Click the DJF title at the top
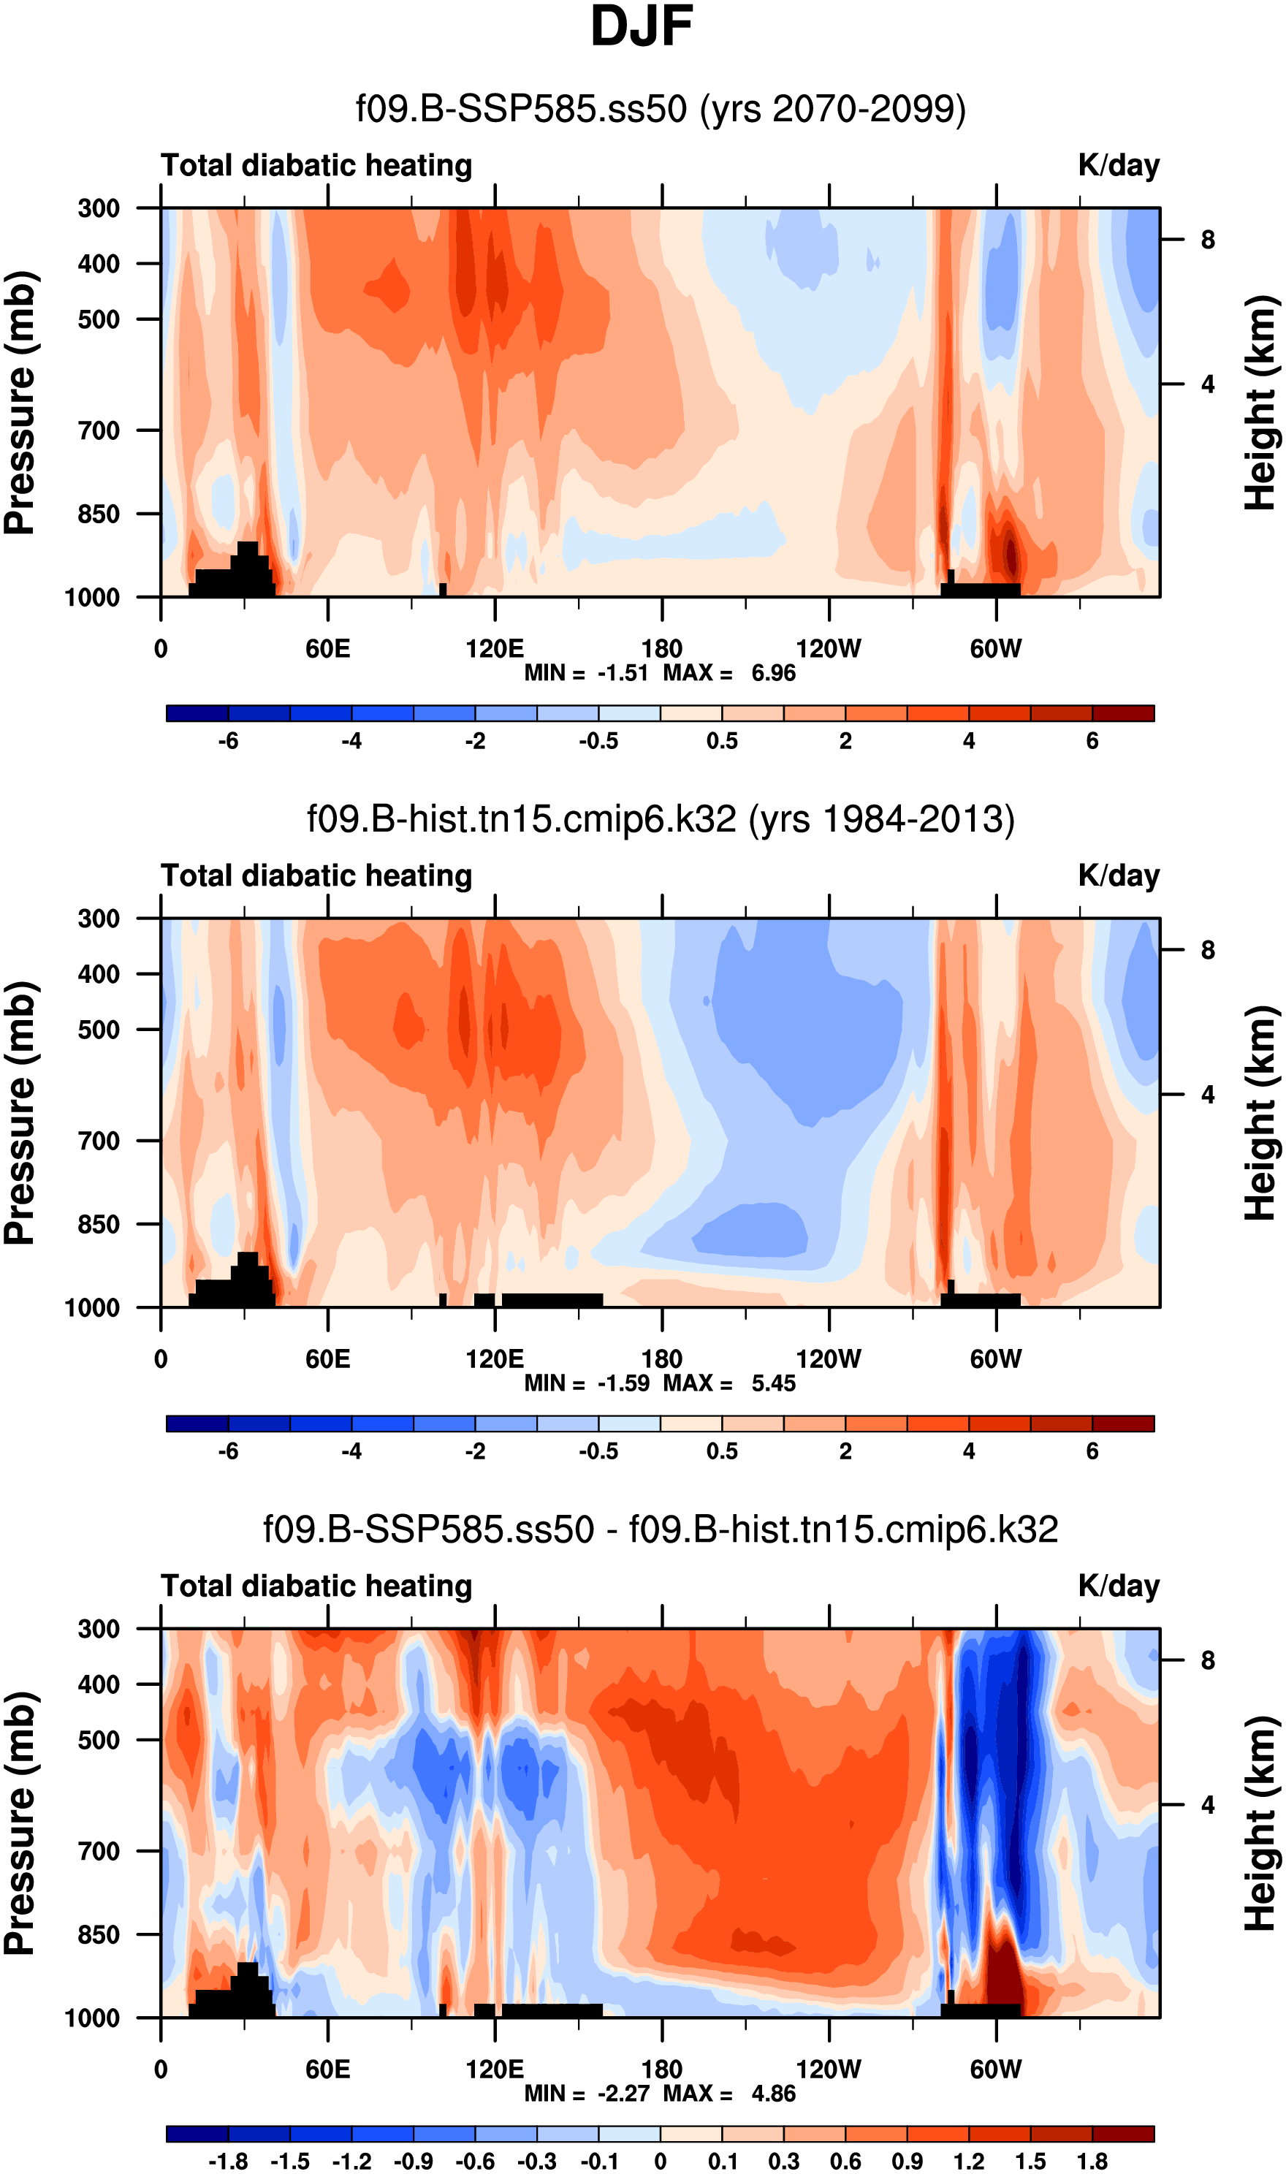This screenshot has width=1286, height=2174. (642, 28)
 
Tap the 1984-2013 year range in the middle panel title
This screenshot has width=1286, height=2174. (917, 820)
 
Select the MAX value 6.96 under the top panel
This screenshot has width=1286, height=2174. (773, 673)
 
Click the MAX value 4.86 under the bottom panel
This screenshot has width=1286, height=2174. (773, 2094)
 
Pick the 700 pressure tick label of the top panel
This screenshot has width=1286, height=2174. (99, 430)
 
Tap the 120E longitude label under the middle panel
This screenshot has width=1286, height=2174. (494, 1359)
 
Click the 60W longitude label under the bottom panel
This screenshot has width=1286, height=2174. (996, 2070)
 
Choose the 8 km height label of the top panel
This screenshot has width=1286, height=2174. (1208, 240)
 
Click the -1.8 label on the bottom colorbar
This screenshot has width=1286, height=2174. (228, 2162)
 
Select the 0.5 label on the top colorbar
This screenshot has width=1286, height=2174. (722, 742)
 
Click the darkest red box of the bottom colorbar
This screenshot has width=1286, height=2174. (1123, 2134)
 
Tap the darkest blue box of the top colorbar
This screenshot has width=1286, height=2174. (197, 713)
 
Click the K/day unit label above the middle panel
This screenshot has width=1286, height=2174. (1118, 876)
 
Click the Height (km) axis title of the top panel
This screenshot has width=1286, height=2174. (1261, 402)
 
